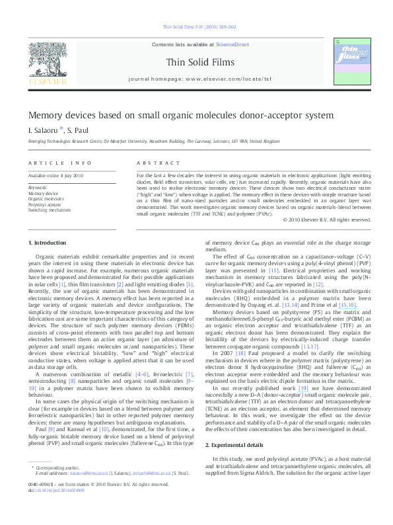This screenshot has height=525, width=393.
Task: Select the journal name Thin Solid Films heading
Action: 197,61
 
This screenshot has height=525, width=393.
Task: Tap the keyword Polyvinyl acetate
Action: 44,205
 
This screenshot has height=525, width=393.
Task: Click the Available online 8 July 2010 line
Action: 55,175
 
